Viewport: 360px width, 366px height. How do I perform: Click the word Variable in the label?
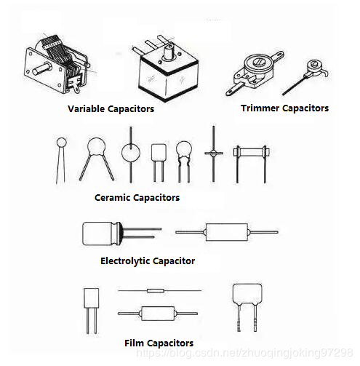tap(86, 108)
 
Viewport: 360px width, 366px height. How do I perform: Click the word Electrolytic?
tap(125, 261)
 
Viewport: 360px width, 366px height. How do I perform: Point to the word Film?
tap(134, 343)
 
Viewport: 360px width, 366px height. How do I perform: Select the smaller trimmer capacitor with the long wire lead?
tap(305, 77)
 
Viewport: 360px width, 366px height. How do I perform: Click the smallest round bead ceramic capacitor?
tap(61, 143)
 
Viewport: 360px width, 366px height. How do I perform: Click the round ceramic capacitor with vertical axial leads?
tap(131, 153)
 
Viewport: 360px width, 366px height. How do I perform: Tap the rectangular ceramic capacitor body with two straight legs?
tap(159, 152)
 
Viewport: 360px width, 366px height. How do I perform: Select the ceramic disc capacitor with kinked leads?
tap(184, 151)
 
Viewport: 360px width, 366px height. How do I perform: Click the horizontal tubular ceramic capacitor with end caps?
tap(251, 152)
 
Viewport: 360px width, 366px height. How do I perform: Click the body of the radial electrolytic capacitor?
tap(101, 234)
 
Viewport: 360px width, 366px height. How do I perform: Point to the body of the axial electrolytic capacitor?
tap(227, 232)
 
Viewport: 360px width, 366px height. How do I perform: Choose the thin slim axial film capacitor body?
tap(156, 290)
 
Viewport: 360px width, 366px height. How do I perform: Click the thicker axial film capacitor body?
tap(158, 313)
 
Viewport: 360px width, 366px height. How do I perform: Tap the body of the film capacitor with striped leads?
tap(247, 293)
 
